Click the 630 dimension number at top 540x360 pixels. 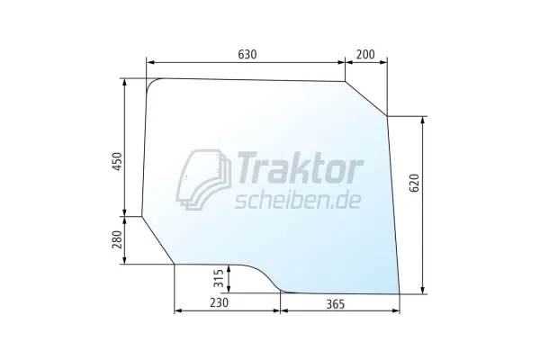click(x=247, y=55)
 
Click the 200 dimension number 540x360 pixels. click(x=366, y=55)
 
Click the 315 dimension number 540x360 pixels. click(x=220, y=278)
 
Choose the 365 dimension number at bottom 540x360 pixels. click(x=340, y=304)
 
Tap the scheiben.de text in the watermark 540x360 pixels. click(x=298, y=199)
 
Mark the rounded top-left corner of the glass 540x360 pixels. click(x=153, y=83)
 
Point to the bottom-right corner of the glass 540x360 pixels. click(x=399, y=293)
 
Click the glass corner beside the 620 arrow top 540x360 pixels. click(x=387, y=115)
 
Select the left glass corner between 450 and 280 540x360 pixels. click(x=143, y=216)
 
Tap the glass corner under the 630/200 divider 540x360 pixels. click(x=346, y=82)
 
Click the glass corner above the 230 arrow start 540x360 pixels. click(x=175, y=265)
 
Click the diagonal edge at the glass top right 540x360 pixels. click(x=367, y=99)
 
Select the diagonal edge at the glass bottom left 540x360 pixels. click(x=158, y=240)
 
